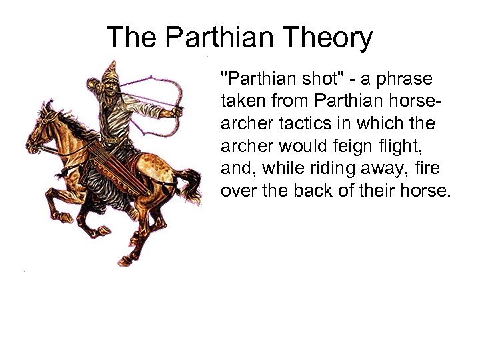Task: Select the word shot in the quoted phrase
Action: (323, 80)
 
